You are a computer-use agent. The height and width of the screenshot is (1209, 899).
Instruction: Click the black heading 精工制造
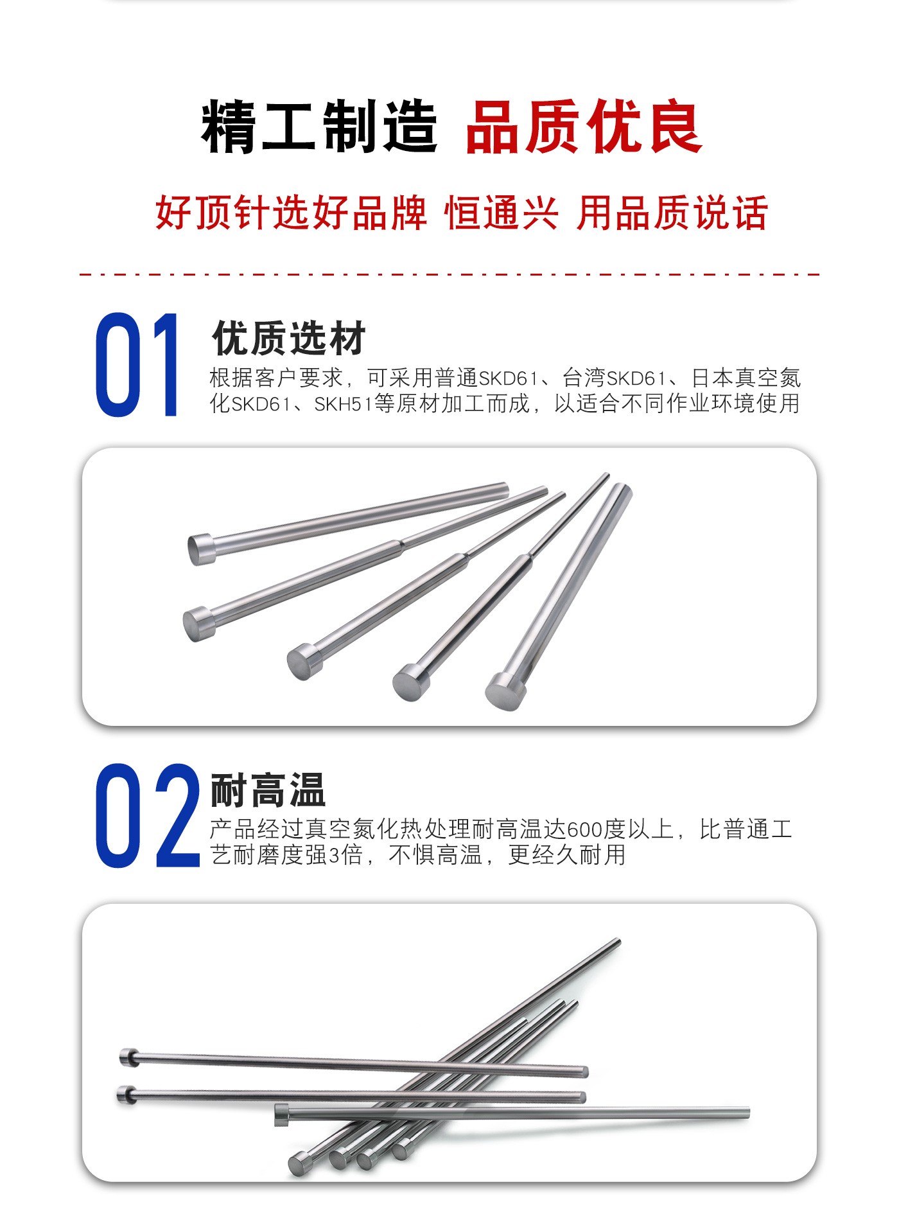[320, 127]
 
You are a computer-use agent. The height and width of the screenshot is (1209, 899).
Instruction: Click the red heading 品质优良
[584, 127]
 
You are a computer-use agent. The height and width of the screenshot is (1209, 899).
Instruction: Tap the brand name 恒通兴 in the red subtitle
[502, 213]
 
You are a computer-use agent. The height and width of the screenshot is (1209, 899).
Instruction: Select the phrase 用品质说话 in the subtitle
[672, 213]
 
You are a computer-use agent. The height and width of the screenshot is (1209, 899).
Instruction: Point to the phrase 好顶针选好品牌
[291, 213]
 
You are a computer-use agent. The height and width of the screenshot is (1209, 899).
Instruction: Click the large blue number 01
[137, 365]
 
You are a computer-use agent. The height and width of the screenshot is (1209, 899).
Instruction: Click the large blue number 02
[148, 816]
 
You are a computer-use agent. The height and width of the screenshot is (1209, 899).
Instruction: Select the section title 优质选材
[289, 338]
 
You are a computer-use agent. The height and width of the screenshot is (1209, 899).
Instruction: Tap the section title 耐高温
[268, 790]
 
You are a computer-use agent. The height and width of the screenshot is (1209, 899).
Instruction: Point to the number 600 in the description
[584, 830]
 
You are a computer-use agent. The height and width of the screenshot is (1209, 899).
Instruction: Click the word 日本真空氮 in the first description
[746, 378]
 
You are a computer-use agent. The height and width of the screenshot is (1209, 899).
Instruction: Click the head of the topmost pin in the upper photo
[202, 549]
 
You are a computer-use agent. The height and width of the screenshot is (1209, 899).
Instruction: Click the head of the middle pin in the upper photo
[304, 661]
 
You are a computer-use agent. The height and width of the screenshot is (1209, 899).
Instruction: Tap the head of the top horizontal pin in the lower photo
[129, 1057]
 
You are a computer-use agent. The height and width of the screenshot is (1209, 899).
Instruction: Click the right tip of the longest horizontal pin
[748, 1112]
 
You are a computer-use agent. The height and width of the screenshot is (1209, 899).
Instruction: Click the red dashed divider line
[449, 274]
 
